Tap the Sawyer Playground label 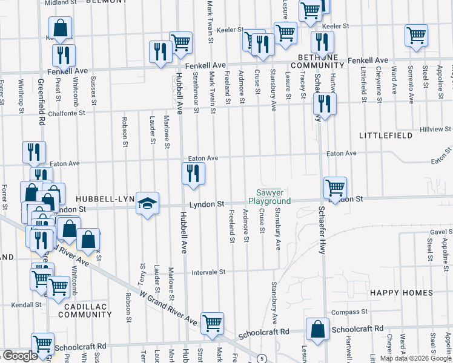(x=270, y=197)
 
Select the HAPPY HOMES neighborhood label (x=393, y=293)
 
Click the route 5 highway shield (x=261, y=359)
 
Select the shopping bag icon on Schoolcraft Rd (x=317, y=330)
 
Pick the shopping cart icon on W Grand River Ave (x=212, y=324)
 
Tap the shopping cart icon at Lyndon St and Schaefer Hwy (x=334, y=188)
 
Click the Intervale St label (x=208, y=272)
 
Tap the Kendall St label (x=20, y=304)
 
